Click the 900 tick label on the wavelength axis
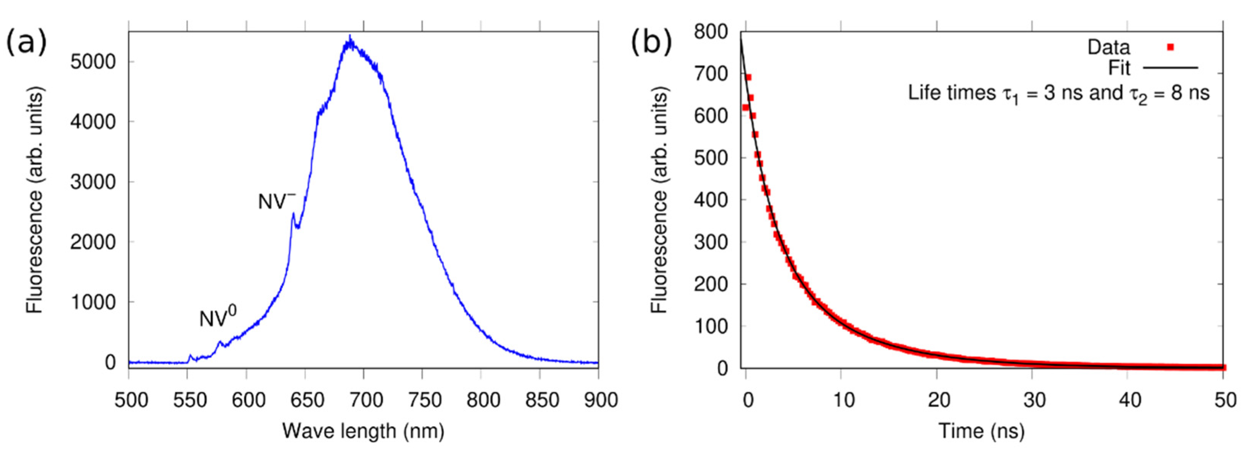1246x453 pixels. [598, 400]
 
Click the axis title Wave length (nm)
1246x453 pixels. [363, 430]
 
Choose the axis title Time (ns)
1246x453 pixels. [981, 430]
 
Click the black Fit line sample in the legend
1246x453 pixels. [1171, 68]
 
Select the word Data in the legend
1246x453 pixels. [1108, 47]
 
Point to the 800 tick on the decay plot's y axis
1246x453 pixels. [710, 32]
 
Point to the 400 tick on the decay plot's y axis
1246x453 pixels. [710, 200]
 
